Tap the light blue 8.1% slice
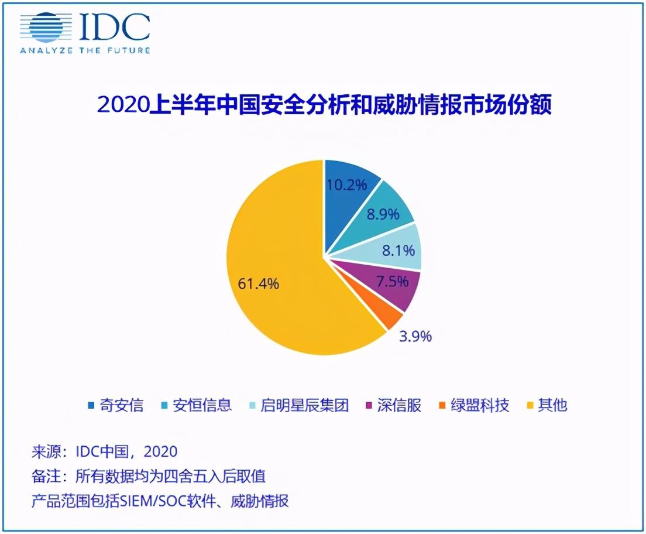395,250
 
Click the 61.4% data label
259,285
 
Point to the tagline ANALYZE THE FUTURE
85,51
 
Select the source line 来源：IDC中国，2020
104,451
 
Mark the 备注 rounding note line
149,477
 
